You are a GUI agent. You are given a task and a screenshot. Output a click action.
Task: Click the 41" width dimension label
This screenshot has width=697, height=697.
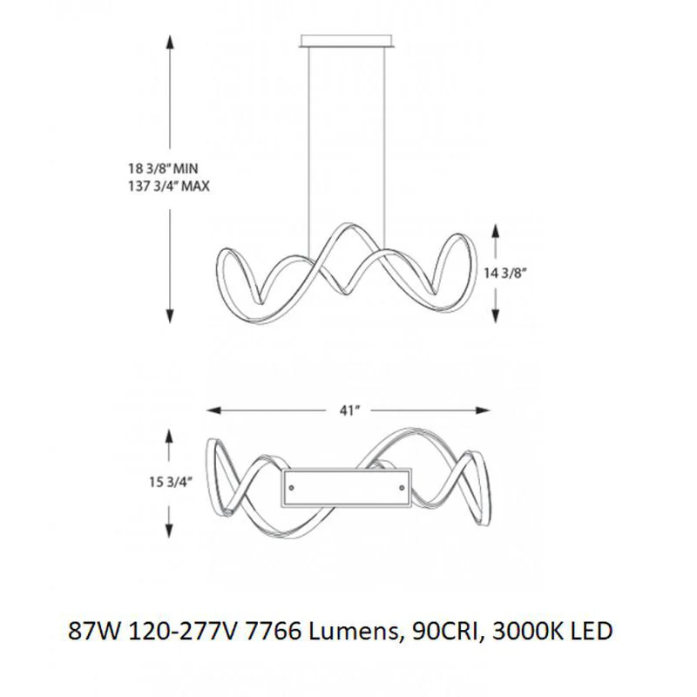pos(349,410)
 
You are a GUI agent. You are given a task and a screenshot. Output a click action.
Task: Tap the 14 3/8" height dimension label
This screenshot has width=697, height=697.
pos(505,273)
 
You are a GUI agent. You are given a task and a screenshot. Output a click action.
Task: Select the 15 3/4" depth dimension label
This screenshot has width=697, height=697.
pos(170,482)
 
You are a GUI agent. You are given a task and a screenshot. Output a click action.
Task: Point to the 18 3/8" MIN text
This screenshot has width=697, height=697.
pos(163,168)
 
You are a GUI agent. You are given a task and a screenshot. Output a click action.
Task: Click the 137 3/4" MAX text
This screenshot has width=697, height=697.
pos(169,186)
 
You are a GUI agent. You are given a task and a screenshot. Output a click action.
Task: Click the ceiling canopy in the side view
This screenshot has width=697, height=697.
pos(346,40)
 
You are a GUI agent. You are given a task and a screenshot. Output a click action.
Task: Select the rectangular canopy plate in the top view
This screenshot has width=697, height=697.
pos(347,487)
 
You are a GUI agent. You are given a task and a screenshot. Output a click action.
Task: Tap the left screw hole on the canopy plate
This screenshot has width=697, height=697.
pos(292,488)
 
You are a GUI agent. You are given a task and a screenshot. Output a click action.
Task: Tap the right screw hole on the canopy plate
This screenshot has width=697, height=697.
pos(403,488)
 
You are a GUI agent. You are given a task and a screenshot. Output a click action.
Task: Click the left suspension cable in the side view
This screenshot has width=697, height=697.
pos(309,149)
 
